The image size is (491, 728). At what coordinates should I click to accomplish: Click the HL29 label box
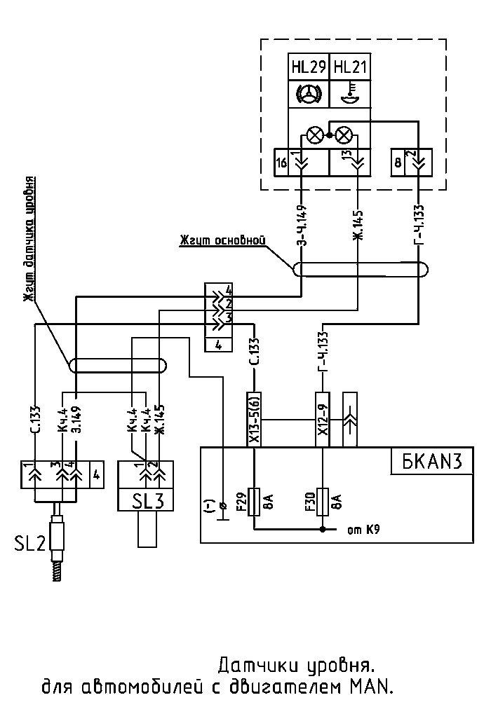pos(309,67)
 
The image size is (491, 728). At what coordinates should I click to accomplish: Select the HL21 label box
pos(350,67)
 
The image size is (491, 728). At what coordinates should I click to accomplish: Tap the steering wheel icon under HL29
pos(308,95)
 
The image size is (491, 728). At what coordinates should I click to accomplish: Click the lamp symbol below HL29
pos(315,135)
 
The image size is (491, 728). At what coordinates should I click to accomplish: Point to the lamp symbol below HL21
pos(344,135)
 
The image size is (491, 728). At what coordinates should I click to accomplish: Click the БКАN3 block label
pos(431,461)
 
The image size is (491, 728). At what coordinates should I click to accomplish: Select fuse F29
pos(255,502)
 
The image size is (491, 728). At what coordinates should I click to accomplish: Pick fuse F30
pos(322,502)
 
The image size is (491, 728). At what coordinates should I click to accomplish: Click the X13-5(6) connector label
pos(254,420)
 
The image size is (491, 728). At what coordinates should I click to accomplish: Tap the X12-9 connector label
pos(322,420)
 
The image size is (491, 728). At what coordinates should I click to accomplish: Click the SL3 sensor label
pos(145,500)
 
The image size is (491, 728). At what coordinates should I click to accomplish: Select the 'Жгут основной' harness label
pos(222,240)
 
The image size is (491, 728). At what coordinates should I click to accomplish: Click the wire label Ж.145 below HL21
pos(358,226)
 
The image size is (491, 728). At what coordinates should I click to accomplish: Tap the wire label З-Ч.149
pos(302,225)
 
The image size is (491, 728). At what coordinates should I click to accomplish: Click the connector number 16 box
pos(281,163)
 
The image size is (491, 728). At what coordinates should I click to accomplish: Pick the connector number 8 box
pos(398,163)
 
